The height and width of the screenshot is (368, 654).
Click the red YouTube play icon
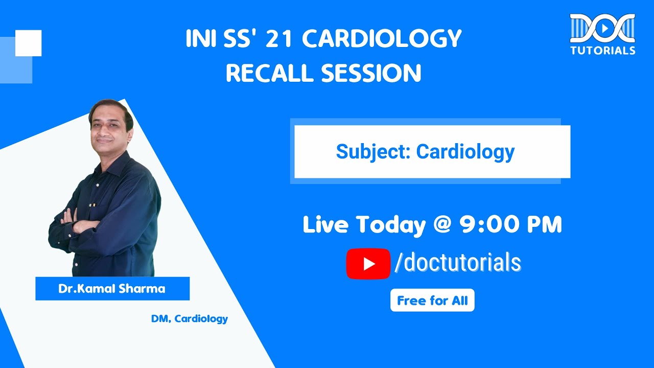[368, 264]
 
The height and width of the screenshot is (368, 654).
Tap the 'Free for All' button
[432, 301]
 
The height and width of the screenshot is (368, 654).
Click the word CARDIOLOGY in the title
[382, 39]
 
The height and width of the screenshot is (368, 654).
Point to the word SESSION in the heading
[371, 74]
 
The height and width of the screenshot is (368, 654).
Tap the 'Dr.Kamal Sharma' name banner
[112, 289]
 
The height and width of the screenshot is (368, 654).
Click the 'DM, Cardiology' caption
[189, 319]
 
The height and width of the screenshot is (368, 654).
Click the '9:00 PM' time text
[511, 225]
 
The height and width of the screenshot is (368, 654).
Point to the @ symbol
[442, 225]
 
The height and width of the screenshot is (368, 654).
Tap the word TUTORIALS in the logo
[603, 51]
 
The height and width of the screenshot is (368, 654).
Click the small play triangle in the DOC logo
[603, 29]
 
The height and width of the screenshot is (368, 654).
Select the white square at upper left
[29, 43]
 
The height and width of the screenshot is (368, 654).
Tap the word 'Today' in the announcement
[391, 225]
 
